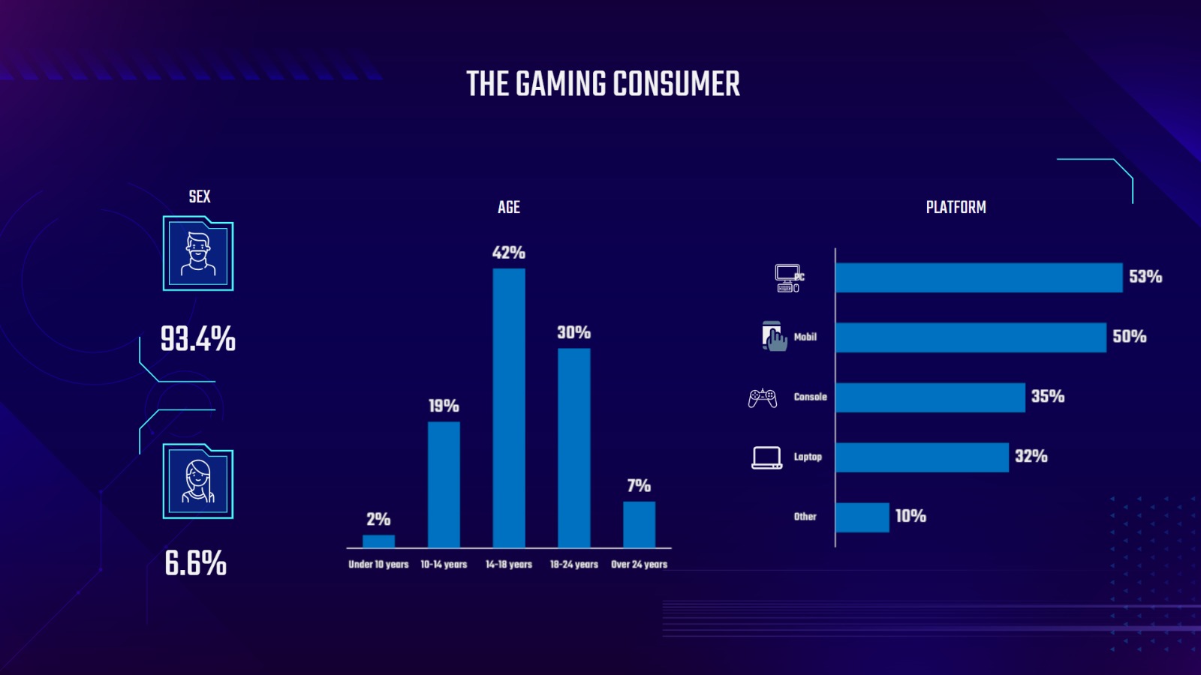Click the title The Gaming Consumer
click(x=603, y=84)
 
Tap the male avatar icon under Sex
click(x=198, y=253)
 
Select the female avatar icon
click(x=198, y=481)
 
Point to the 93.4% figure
click(x=198, y=339)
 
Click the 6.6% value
click(x=196, y=563)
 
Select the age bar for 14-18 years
click(x=509, y=408)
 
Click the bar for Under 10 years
click(x=378, y=541)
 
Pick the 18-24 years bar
click(x=574, y=448)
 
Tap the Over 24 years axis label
click(x=639, y=565)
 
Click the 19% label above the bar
click(x=444, y=406)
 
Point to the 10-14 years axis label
click(x=444, y=565)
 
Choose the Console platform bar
click(x=930, y=397)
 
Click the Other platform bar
click(x=862, y=517)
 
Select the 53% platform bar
click(x=979, y=277)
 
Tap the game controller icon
click(x=763, y=397)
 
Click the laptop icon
click(x=766, y=457)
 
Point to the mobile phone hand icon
click(x=774, y=337)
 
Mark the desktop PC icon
click(x=788, y=277)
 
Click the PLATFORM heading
click(x=956, y=208)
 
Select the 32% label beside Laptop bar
click(x=1031, y=457)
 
